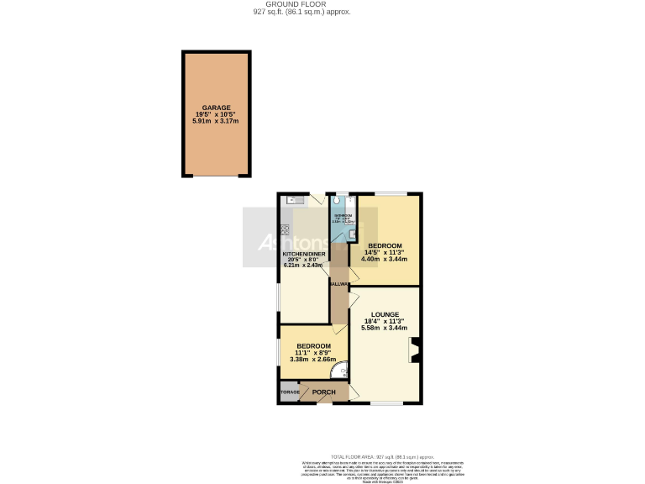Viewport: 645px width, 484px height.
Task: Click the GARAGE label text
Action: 215,108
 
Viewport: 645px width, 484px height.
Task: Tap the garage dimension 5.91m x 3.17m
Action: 215,121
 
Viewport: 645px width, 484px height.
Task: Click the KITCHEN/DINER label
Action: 303,254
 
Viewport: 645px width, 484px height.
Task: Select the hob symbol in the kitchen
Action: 285,229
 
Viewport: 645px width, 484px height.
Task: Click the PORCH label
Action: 323,392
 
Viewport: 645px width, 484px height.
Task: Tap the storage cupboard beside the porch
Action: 289,392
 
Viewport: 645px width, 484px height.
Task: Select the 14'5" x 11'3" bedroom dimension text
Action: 385,252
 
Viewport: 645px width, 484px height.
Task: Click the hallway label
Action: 339,285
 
